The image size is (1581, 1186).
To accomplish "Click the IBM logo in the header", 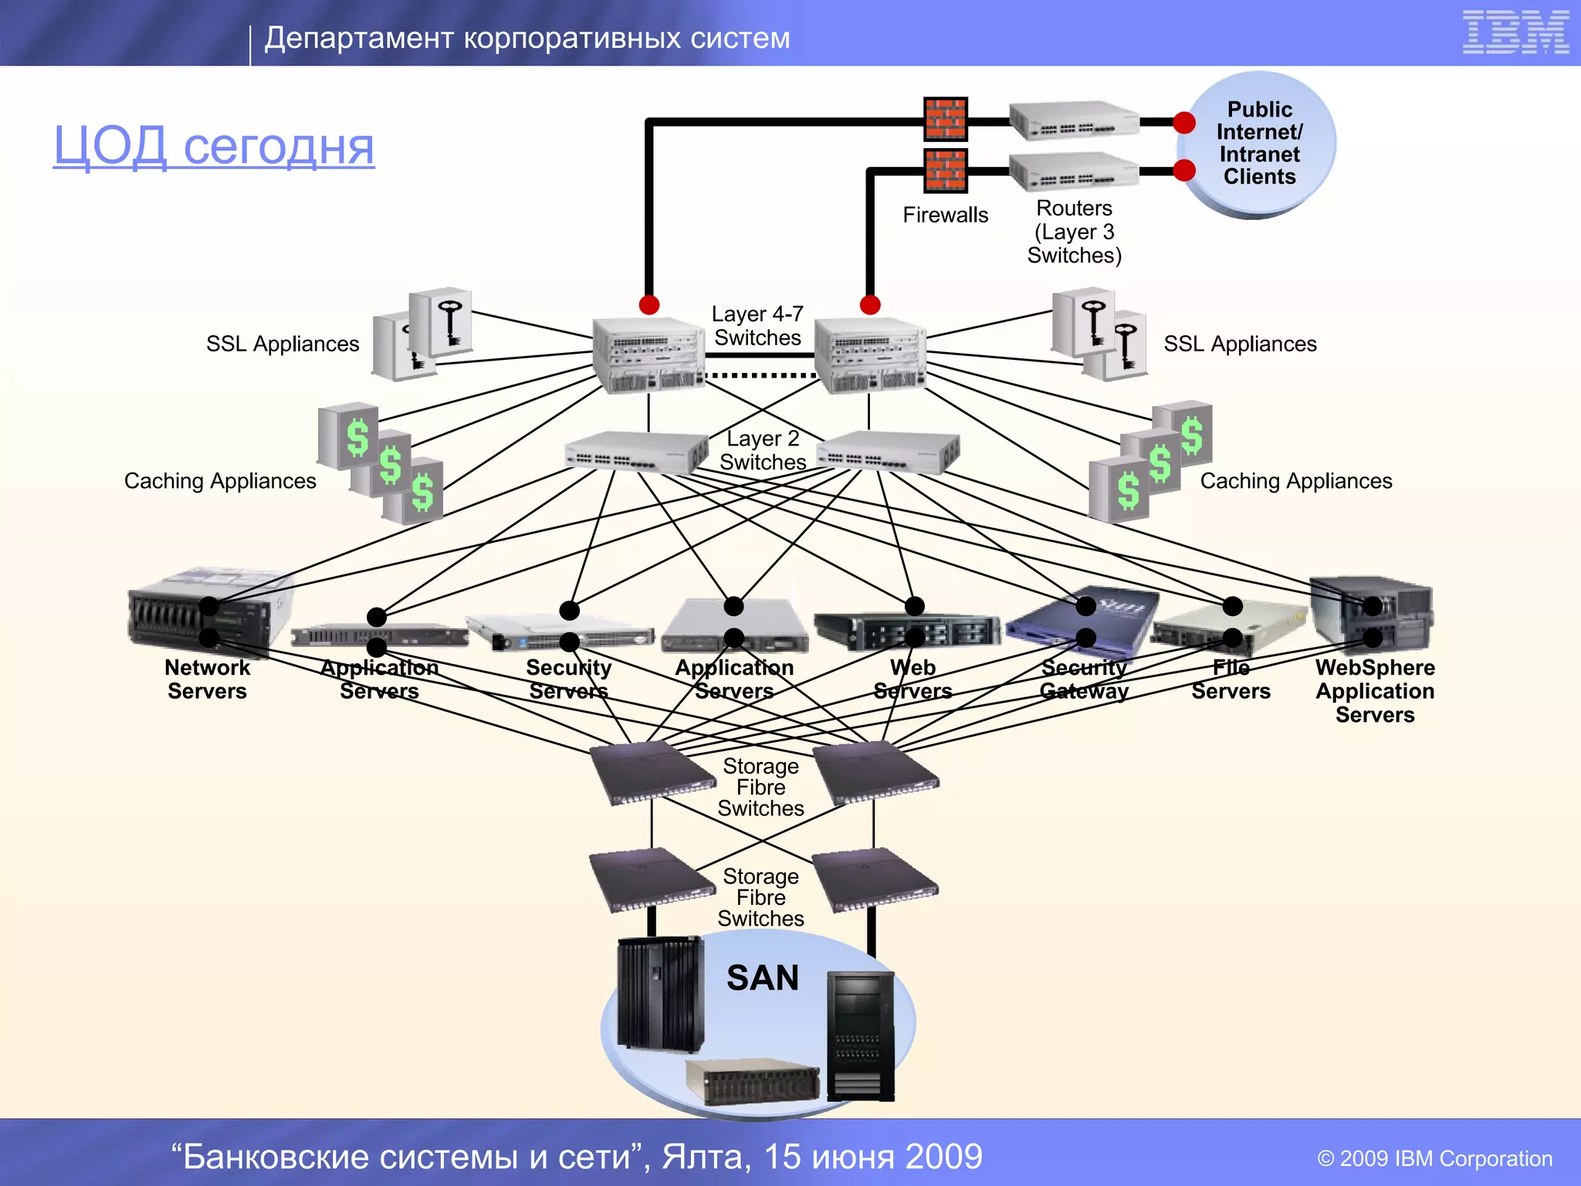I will [x=1515, y=32].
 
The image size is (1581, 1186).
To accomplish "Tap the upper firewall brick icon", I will [x=945, y=119].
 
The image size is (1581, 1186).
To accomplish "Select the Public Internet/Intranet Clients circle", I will [x=1259, y=144].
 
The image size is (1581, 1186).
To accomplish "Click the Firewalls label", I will [x=945, y=215].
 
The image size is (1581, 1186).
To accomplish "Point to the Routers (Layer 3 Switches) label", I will [x=1074, y=232].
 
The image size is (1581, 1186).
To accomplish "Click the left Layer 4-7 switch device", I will [x=648, y=355].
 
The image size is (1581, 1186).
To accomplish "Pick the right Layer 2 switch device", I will [x=889, y=452].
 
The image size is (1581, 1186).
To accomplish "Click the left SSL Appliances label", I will [x=283, y=344].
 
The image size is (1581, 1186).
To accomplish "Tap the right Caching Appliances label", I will [x=1295, y=481].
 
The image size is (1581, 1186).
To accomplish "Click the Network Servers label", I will [x=207, y=679].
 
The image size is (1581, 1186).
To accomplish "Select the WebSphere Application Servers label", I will [x=1375, y=690].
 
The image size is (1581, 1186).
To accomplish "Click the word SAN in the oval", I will [x=763, y=978].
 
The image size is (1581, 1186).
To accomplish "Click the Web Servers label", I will [x=912, y=679].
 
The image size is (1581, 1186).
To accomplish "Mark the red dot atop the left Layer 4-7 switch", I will [x=649, y=304].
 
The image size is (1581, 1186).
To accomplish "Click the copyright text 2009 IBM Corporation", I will [x=1434, y=1158].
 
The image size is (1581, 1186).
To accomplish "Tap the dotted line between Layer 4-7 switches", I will [x=760, y=376].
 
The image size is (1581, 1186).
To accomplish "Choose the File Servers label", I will [x=1231, y=679].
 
